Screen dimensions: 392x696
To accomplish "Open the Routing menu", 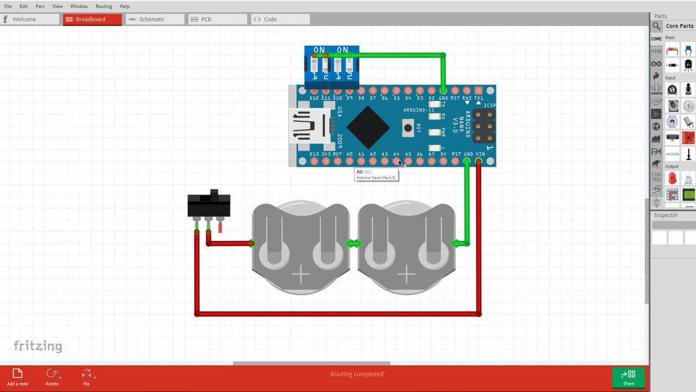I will coord(103,6).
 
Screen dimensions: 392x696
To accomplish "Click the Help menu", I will coord(125,6).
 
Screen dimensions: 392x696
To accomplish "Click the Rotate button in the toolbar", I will coord(52,376).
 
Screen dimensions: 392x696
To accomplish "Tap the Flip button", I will coord(86,376).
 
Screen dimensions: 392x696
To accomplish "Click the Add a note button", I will coord(17,376).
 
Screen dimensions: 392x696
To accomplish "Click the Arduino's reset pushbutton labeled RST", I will coord(407,128).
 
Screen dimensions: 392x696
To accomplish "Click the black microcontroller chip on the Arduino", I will coord(368,127).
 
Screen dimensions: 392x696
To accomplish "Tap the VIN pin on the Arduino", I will coord(479,161).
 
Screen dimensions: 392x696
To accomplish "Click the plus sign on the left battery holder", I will coord(301,275).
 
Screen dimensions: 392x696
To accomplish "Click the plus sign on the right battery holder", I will coord(406,275).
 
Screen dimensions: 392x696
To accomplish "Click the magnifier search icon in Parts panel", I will coord(656,26).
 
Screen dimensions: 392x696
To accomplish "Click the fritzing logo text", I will coord(38,346).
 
